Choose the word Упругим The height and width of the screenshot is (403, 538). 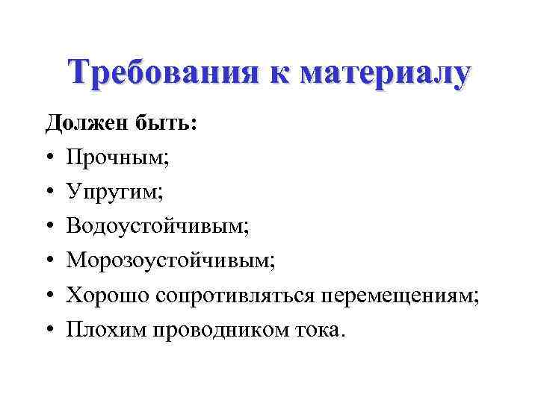(114, 192)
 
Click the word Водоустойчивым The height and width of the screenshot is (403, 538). (156, 226)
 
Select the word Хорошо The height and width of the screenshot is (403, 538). (108, 295)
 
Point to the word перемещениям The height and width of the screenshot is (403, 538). (398, 295)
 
